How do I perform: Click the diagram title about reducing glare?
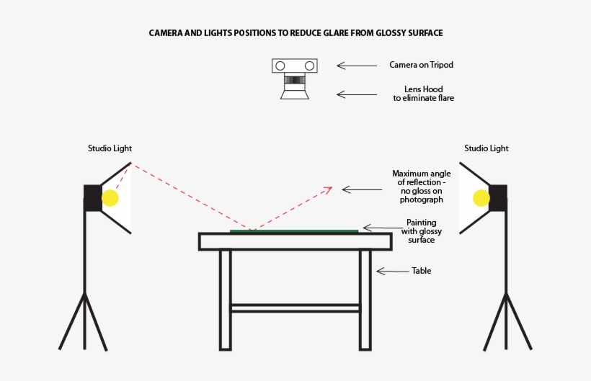coord(295,33)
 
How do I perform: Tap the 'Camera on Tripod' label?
coord(421,65)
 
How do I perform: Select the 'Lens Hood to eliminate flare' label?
coord(423,94)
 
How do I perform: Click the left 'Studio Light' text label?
coord(110,148)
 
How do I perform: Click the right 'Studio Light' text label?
coord(486,148)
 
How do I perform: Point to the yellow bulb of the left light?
coord(110,198)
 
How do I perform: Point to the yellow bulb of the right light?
coord(481,198)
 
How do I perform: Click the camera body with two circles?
coord(294,66)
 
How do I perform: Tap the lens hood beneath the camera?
coord(294,93)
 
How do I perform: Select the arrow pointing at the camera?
coord(356,66)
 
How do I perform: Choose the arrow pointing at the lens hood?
coord(356,94)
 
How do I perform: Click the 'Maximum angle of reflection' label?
coord(422,187)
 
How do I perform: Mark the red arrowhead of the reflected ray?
coord(329,189)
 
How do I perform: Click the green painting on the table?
coord(294,231)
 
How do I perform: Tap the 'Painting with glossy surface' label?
coord(422,231)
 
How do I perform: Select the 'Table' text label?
coord(421,272)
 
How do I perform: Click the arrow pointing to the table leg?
coord(392,272)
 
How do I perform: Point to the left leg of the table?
coord(226,299)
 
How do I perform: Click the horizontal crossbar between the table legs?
coord(295,308)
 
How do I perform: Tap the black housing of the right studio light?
coord(498,197)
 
